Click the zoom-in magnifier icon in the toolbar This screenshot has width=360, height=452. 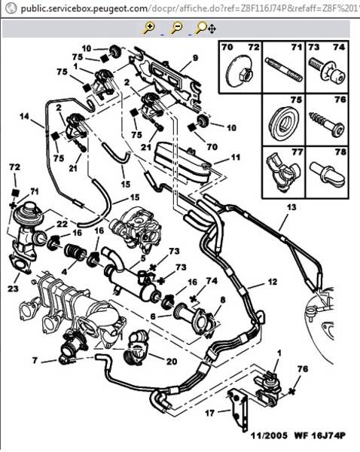click(149, 29)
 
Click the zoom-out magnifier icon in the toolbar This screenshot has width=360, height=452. click(176, 29)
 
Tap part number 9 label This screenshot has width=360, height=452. click(195, 58)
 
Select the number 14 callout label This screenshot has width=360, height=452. click(25, 117)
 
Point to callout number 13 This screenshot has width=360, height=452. click(291, 207)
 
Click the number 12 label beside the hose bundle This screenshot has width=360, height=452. click(273, 282)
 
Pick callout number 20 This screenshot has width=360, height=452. click(172, 361)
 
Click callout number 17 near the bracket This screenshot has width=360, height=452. click(210, 413)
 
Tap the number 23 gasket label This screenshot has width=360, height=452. click(13, 289)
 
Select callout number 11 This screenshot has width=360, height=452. click(236, 157)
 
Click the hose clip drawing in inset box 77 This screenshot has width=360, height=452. click(283, 172)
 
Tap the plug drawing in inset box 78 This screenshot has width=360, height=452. click(328, 174)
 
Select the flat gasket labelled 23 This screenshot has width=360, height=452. click(20, 264)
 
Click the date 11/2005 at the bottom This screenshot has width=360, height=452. click(269, 435)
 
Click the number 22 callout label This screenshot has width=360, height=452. click(62, 224)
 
